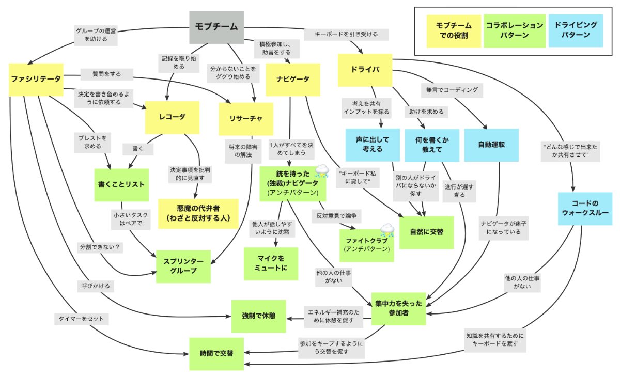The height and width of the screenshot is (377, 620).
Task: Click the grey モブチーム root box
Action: pyautogui.click(x=216, y=27)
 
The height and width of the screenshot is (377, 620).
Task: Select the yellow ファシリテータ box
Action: pyautogui.click(x=36, y=79)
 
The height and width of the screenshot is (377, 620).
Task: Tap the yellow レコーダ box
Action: pyautogui.click(x=172, y=117)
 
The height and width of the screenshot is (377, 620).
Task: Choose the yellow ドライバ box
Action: pyautogui.click(x=364, y=70)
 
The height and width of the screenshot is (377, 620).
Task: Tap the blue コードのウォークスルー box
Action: pyautogui.click(x=584, y=209)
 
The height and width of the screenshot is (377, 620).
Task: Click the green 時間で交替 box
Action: pyautogui.click(x=216, y=354)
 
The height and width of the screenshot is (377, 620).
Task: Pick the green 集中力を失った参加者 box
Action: pyautogui.click(x=398, y=308)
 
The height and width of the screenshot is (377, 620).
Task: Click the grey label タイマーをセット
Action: pyautogui.click(x=81, y=319)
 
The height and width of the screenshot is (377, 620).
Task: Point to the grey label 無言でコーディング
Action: pyautogui.click(x=452, y=89)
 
